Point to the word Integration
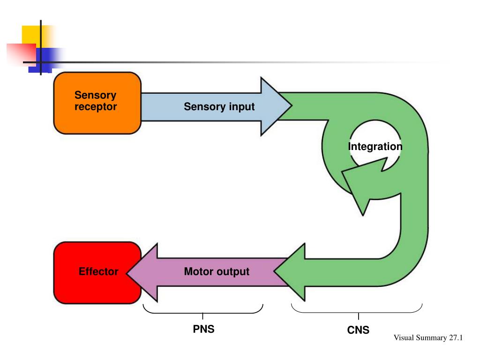pos(375,147)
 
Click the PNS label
pos(203,329)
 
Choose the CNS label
pos(358,330)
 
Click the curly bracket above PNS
pos(202,311)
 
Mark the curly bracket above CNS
pos(357,311)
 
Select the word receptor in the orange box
pos(96,107)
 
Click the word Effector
pos(98,272)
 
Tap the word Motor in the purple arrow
pos(199,272)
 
